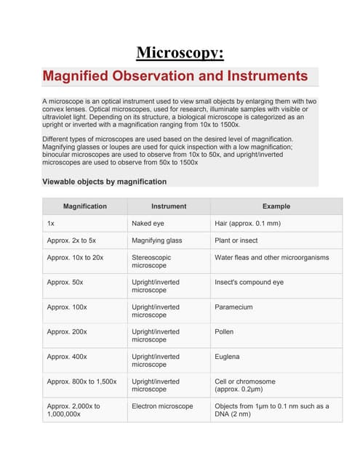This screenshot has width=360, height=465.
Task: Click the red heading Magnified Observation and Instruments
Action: pyautogui.click(x=175, y=76)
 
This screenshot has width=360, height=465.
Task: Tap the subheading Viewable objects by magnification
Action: pyautogui.click(x=104, y=182)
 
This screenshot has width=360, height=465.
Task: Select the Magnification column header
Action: pyautogui.click(x=84, y=206)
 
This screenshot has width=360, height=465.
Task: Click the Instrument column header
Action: pyautogui.click(x=169, y=206)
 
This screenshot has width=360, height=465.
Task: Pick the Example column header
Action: pyautogui.click(x=276, y=206)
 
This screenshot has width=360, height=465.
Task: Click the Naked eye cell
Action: pyautogui.click(x=149, y=224)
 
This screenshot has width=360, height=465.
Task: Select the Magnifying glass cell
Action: pyautogui.click(x=157, y=240)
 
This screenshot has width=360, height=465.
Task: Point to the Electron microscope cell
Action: pyautogui.click(x=162, y=406)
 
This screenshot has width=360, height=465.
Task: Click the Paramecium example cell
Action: pyautogui.click(x=233, y=307)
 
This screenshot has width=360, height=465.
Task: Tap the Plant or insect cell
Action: pyautogui.click(x=236, y=240)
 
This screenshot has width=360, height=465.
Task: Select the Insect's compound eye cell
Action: pyautogui.click(x=249, y=282)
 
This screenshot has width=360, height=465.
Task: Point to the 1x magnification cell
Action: pyautogui.click(x=50, y=224)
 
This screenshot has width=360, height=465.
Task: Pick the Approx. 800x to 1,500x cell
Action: pyautogui.click(x=81, y=381)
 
